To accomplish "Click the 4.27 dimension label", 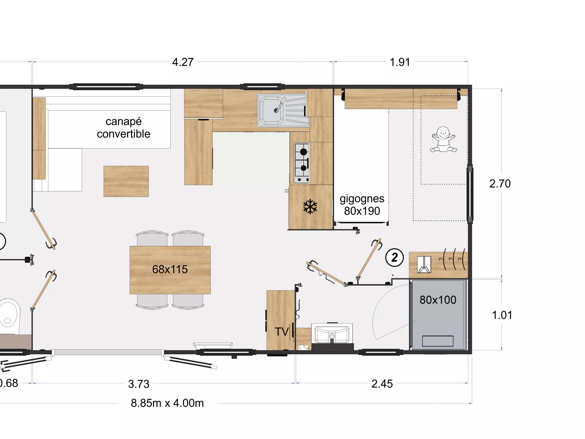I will click(183, 62).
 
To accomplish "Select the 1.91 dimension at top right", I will click(400, 62).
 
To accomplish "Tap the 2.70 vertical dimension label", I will click(500, 184).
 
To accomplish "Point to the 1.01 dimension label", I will click(502, 315).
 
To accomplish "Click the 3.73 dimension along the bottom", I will click(139, 384).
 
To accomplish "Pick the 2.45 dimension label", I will click(382, 384).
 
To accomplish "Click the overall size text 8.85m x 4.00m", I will click(167, 403).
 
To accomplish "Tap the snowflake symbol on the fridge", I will click(310, 207).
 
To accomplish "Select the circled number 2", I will click(394, 258).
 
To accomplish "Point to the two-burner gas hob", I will click(302, 162).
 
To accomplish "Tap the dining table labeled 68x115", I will click(170, 269).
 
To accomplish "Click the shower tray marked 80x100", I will click(438, 314).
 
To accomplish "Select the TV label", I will click(282, 332).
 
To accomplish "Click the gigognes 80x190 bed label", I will click(362, 205).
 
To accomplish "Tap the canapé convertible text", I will click(123, 127).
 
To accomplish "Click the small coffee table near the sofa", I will click(126, 181).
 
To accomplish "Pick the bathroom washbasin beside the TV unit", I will click(332, 335).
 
